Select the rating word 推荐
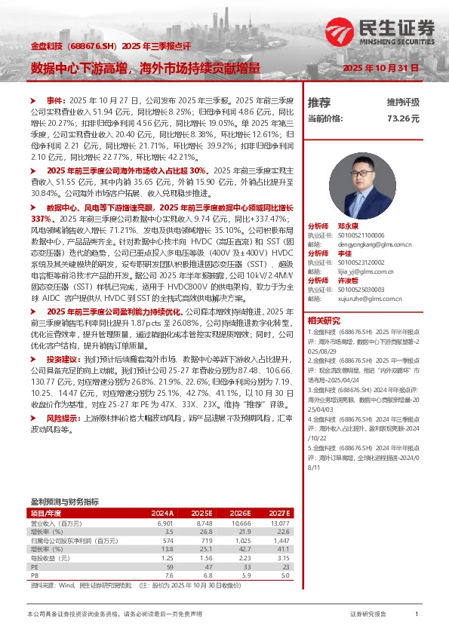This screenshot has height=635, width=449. click(x=319, y=103)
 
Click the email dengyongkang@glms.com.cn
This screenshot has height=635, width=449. click(x=366, y=244)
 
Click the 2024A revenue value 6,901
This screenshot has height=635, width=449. click(x=165, y=523)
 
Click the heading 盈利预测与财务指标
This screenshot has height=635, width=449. click(x=64, y=502)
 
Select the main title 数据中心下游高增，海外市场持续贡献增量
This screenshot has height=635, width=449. click(x=146, y=67)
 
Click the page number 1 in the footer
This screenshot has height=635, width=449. click(x=417, y=615)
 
